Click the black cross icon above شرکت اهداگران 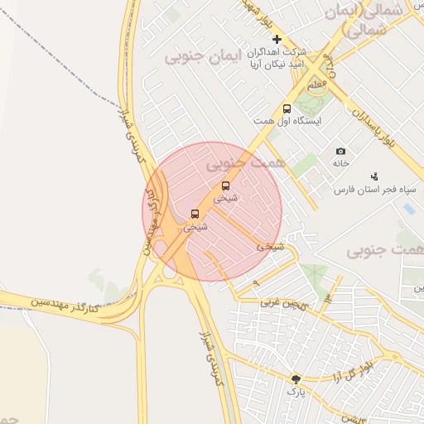[x=277, y=39]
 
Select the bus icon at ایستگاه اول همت [x=287, y=108]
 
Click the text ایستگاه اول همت [x=287, y=122]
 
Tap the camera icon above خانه [x=341, y=152]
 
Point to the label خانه [x=341, y=164]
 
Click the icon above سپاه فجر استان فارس [x=374, y=176]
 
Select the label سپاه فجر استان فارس [x=368, y=190]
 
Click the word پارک [x=296, y=392]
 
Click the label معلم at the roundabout [x=316, y=85]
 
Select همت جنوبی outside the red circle [x=383, y=249]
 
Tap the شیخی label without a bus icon [x=270, y=246]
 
